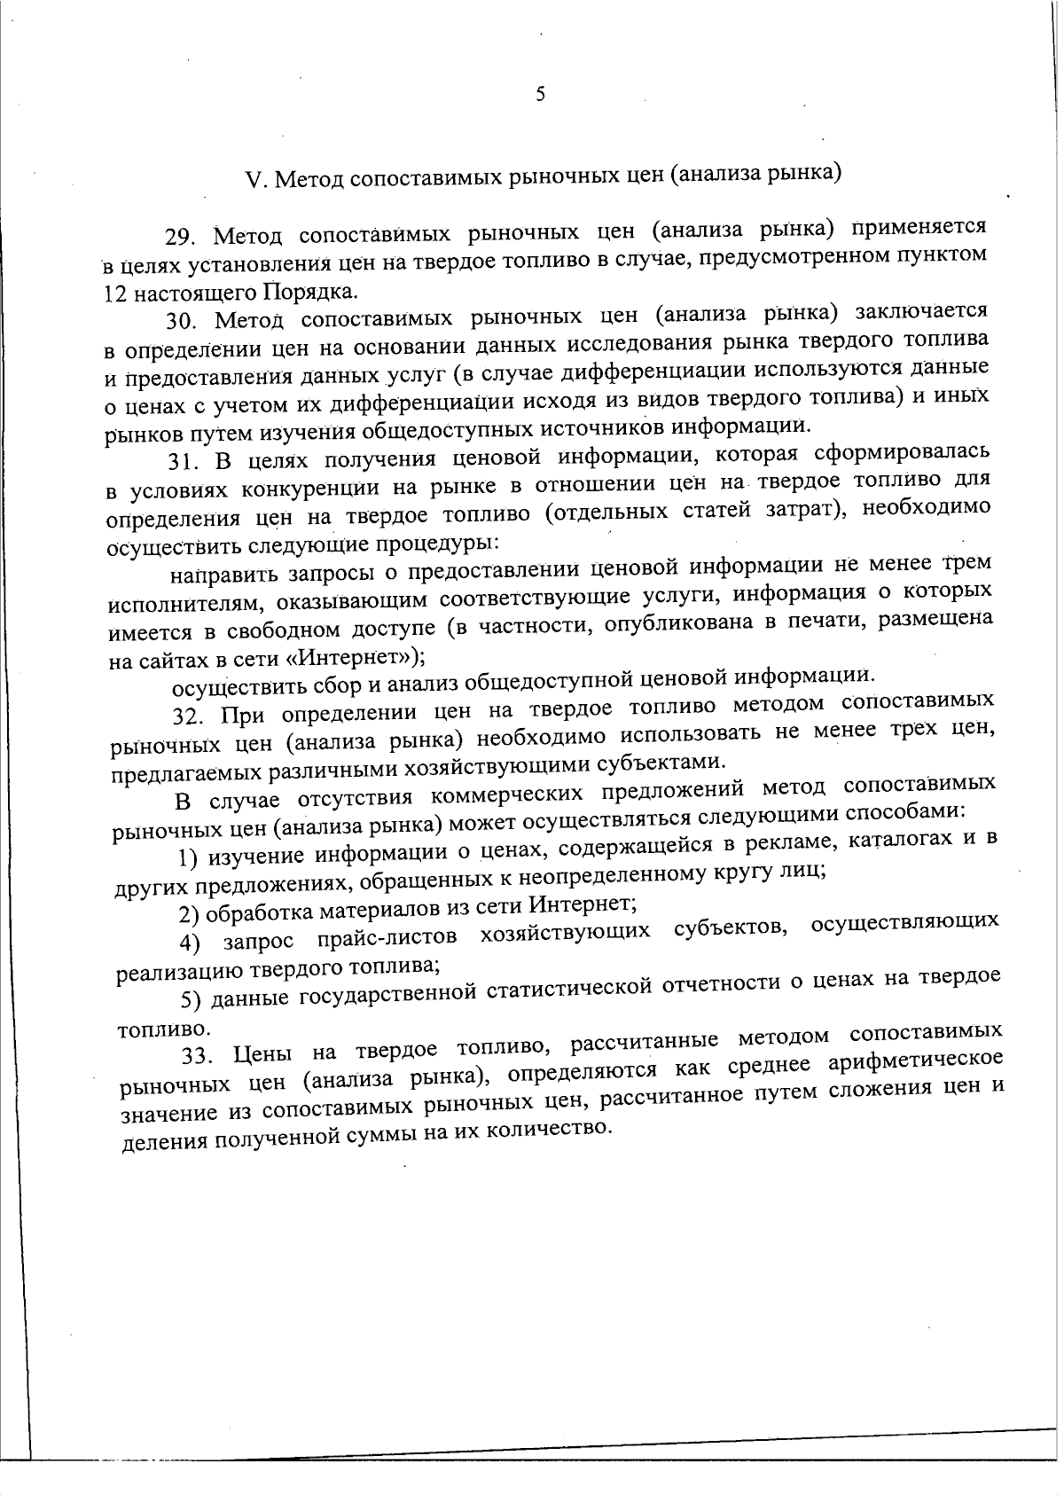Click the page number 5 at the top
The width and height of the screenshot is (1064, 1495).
click(x=540, y=95)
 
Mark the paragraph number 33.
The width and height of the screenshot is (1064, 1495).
click(x=195, y=1056)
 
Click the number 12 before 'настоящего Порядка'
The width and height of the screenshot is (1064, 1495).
click(x=111, y=294)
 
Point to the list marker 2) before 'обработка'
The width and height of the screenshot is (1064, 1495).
click(x=188, y=914)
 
